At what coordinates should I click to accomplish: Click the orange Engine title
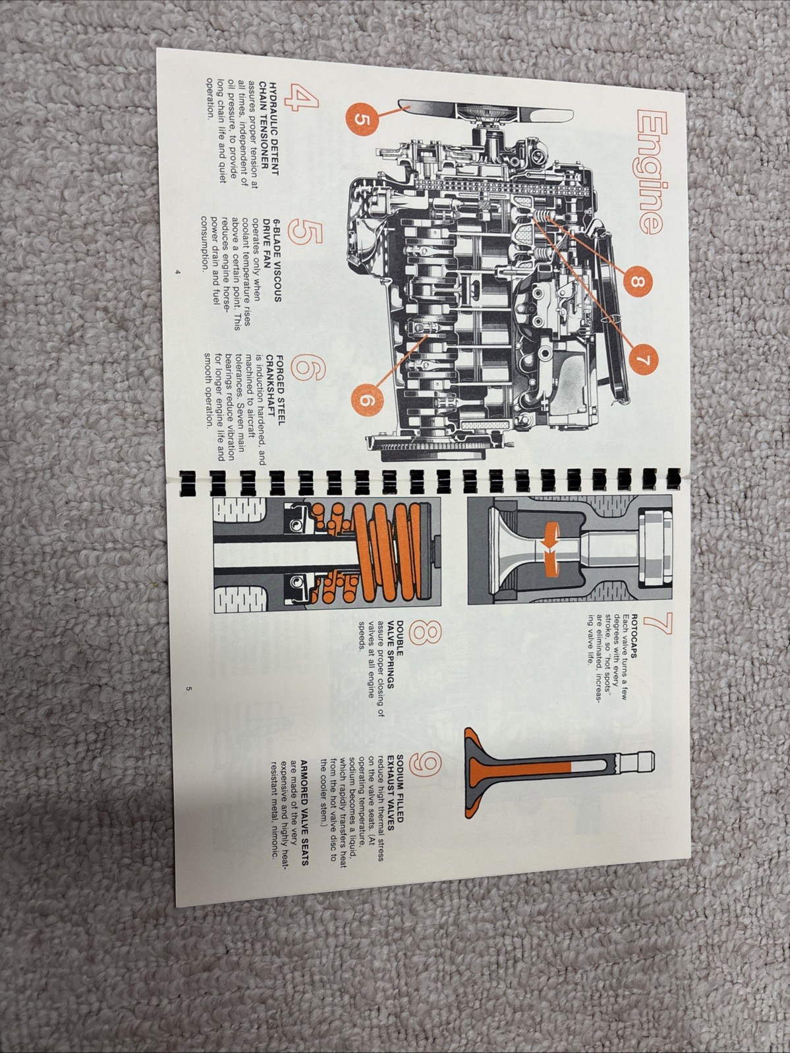652,173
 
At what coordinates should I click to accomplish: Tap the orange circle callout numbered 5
362,119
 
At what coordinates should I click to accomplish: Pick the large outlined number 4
301,99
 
